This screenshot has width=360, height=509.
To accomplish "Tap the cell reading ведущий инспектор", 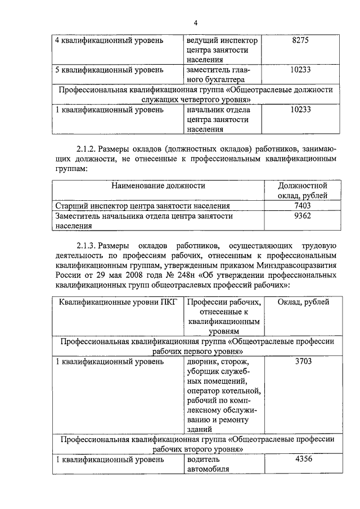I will (222, 40).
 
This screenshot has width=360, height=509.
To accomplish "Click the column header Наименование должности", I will (158, 186).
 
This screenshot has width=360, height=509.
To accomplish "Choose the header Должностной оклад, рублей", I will (303, 190).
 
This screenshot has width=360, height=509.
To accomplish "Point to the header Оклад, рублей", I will (303, 302).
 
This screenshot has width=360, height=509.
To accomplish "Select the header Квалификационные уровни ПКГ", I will (117, 302).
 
